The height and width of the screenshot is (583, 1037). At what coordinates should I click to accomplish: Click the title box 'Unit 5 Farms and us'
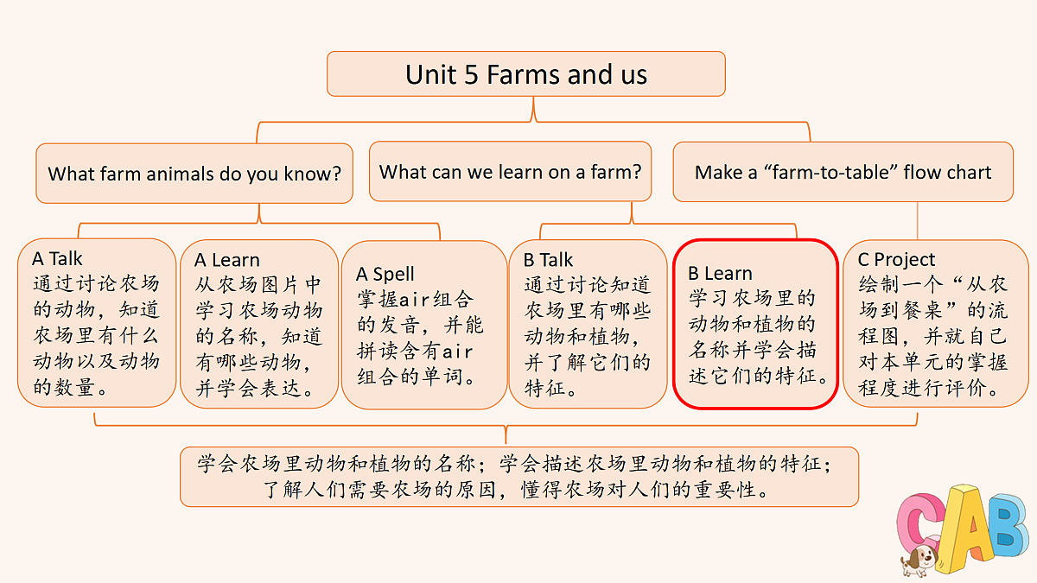click(x=526, y=74)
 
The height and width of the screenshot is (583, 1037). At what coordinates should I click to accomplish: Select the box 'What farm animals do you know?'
click(x=194, y=174)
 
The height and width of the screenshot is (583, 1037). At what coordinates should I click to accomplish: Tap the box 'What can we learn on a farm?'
click(x=510, y=172)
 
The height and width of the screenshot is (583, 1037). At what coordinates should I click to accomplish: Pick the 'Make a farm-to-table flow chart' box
click(x=843, y=172)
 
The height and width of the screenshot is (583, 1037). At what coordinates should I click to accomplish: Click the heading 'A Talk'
click(x=57, y=258)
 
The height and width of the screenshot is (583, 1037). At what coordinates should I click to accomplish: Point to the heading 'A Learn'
click(x=226, y=260)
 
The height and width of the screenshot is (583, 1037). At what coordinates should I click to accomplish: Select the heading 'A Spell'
click(x=385, y=275)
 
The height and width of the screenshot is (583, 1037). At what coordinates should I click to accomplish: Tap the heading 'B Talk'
click(x=548, y=260)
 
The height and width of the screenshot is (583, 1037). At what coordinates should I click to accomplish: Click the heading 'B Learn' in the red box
click(x=720, y=274)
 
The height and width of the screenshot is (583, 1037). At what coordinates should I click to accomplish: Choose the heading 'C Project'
click(x=896, y=260)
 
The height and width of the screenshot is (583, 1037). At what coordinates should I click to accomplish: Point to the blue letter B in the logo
click(x=1008, y=525)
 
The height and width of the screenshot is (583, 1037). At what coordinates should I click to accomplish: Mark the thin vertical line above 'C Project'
click(x=918, y=221)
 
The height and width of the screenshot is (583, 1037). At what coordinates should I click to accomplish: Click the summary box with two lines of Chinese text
click(x=519, y=477)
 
